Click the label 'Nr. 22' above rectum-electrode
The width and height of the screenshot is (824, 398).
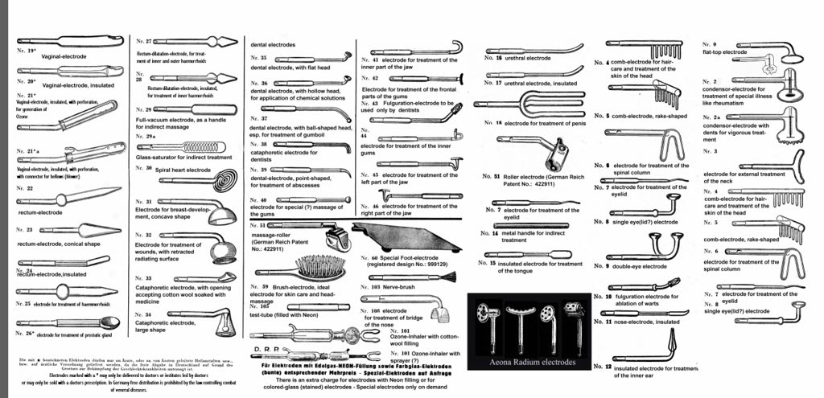(x=24, y=188)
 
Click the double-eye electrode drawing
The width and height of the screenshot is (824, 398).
(x=653, y=243)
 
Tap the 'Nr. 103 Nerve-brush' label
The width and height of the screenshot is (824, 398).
(x=390, y=287)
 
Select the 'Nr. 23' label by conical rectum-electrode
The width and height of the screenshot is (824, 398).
(x=24, y=229)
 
